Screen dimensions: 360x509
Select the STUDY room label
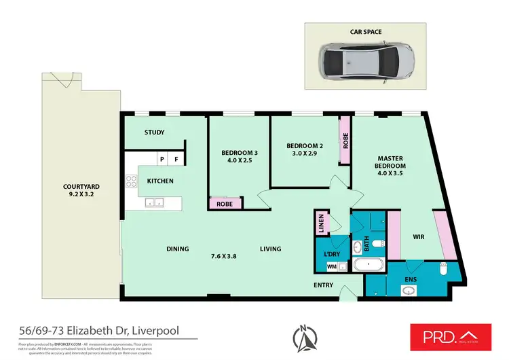(x=155, y=132)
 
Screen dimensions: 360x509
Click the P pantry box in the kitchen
(x=162, y=160)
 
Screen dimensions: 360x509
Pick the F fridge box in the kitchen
(x=177, y=160)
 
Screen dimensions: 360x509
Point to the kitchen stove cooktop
(x=130, y=181)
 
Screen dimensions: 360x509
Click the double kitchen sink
(x=154, y=202)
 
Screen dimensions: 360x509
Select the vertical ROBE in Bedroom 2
(x=345, y=141)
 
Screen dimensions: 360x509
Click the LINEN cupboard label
(x=321, y=225)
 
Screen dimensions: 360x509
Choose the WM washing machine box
(x=331, y=267)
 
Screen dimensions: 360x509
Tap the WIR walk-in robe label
(x=418, y=237)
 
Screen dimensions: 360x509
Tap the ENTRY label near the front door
(x=323, y=285)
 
